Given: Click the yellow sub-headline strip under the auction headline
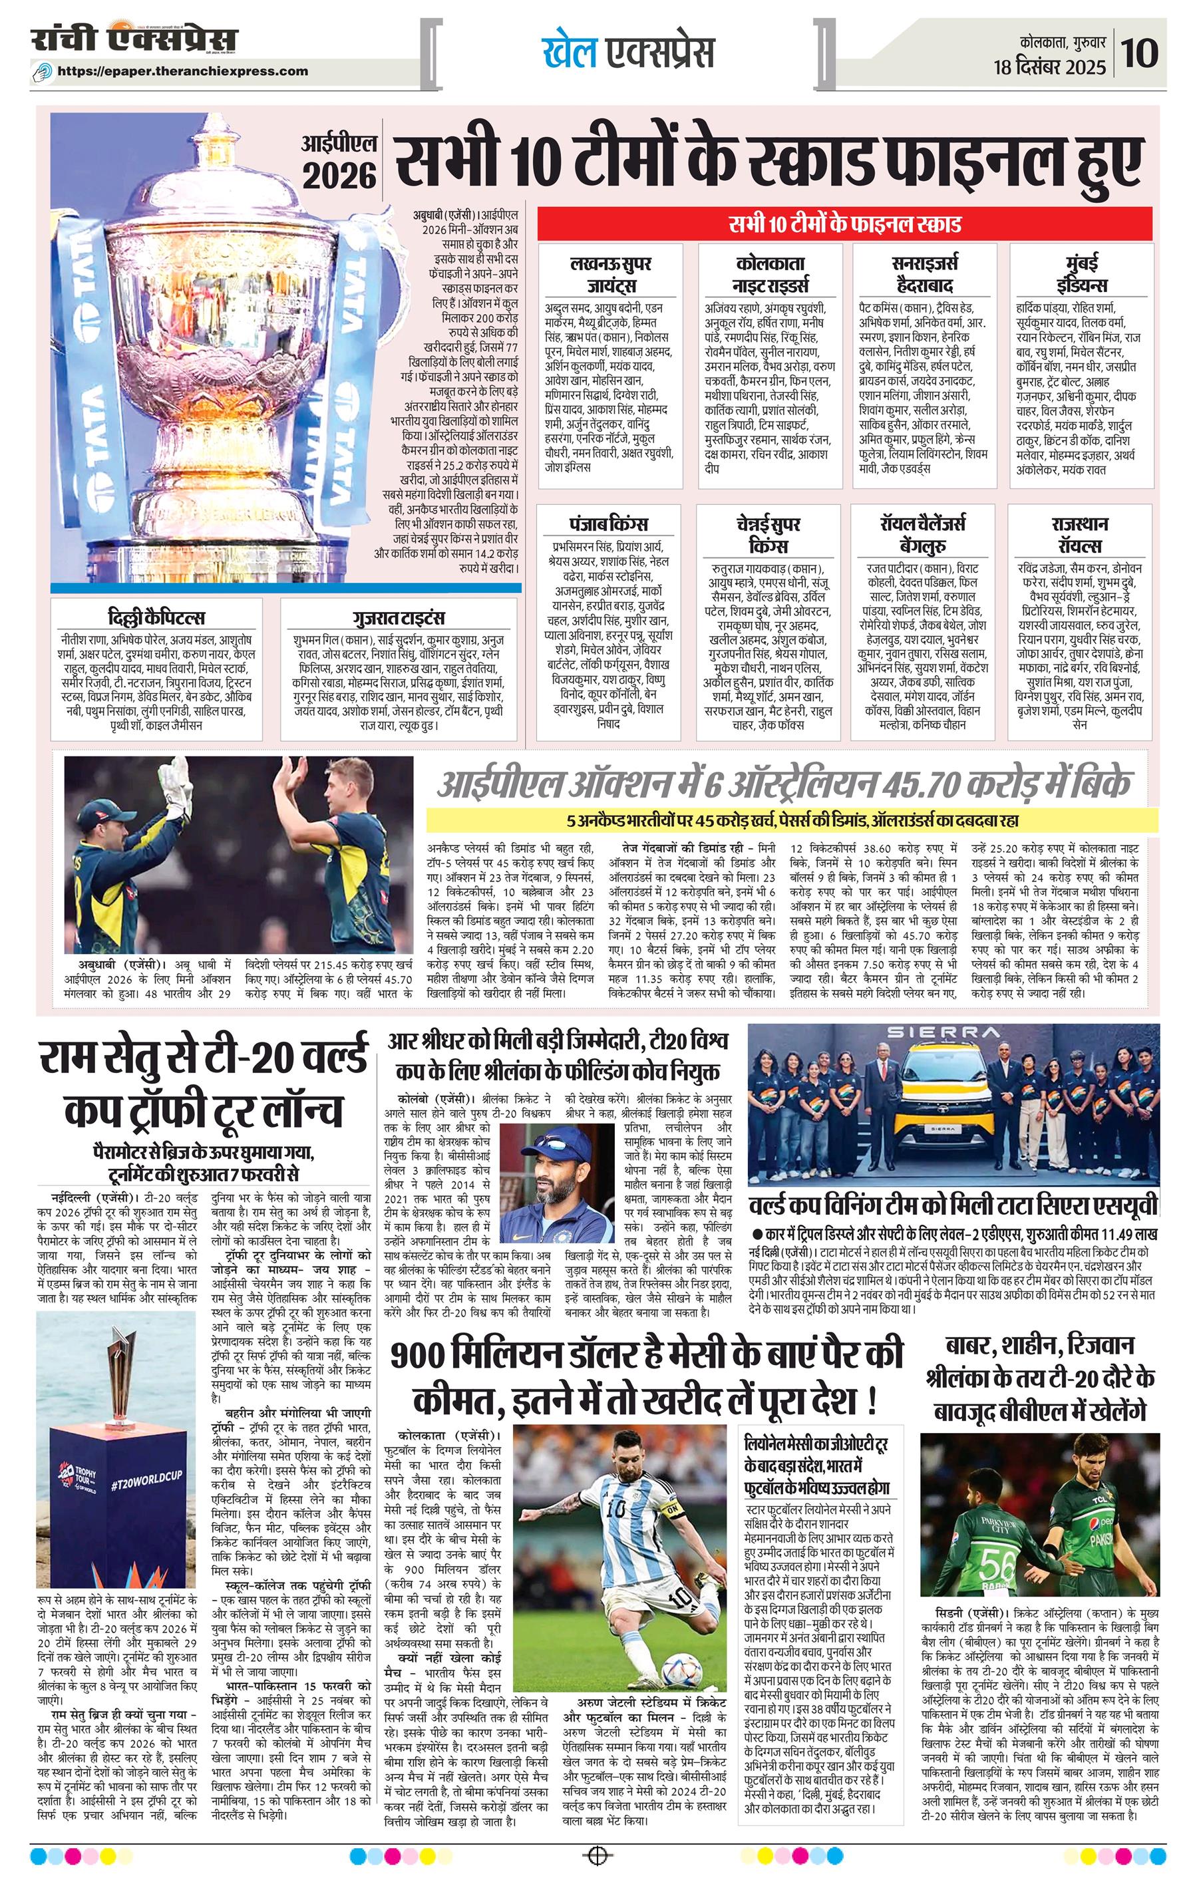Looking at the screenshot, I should coord(791,821).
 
